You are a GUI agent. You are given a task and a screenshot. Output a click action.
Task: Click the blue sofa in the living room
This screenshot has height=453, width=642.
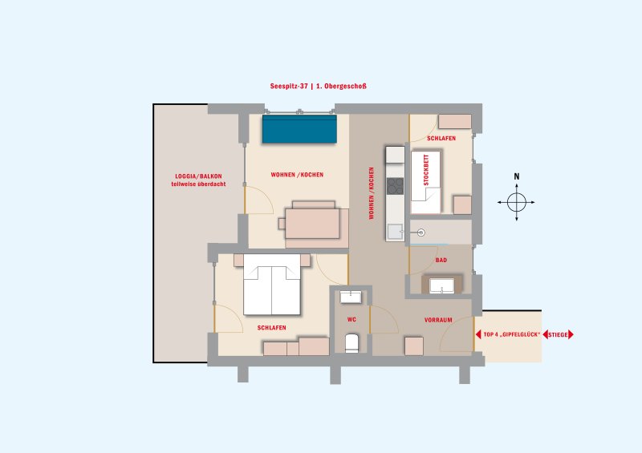point(299,129)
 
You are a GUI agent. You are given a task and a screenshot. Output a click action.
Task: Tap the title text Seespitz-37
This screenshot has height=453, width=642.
point(289,87)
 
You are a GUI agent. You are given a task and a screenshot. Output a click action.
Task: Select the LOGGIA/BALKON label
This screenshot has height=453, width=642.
point(198,176)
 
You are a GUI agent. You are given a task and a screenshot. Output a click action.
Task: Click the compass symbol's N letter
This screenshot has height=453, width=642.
point(516,176)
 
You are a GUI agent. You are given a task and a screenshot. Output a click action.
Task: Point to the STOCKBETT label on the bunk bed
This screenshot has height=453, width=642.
point(426,170)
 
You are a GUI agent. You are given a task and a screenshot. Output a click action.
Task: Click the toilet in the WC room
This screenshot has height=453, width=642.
point(352,343)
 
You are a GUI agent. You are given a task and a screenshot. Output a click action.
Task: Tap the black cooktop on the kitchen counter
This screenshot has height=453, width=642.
point(395,186)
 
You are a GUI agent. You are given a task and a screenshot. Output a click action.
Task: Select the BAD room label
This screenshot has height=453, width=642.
point(441,261)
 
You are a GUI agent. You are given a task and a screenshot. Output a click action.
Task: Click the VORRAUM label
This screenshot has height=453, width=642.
point(438,320)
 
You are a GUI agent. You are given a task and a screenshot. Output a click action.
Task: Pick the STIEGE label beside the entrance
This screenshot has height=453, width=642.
point(558,334)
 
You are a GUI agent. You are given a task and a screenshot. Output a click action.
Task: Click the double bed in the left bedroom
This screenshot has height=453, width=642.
point(272,285)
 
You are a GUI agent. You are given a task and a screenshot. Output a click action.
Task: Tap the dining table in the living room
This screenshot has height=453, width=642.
point(312,224)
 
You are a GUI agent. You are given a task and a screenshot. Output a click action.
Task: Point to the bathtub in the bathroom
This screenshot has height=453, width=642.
point(442,285)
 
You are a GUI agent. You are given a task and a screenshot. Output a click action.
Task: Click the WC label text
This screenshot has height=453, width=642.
point(351,320)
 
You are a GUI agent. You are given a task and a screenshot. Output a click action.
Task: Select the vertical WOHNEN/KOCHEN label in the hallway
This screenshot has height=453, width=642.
point(372,193)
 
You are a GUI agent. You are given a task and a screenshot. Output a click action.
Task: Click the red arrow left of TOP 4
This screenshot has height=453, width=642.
point(478,334)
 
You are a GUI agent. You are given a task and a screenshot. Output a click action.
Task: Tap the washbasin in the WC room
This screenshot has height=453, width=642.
point(351,297)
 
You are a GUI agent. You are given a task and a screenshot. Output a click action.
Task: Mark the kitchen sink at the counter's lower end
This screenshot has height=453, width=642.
point(395,232)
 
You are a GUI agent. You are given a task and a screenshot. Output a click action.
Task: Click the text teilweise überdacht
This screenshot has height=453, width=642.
point(198,184)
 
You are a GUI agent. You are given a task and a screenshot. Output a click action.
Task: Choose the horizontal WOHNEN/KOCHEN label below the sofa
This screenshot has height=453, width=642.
point(297,175)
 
